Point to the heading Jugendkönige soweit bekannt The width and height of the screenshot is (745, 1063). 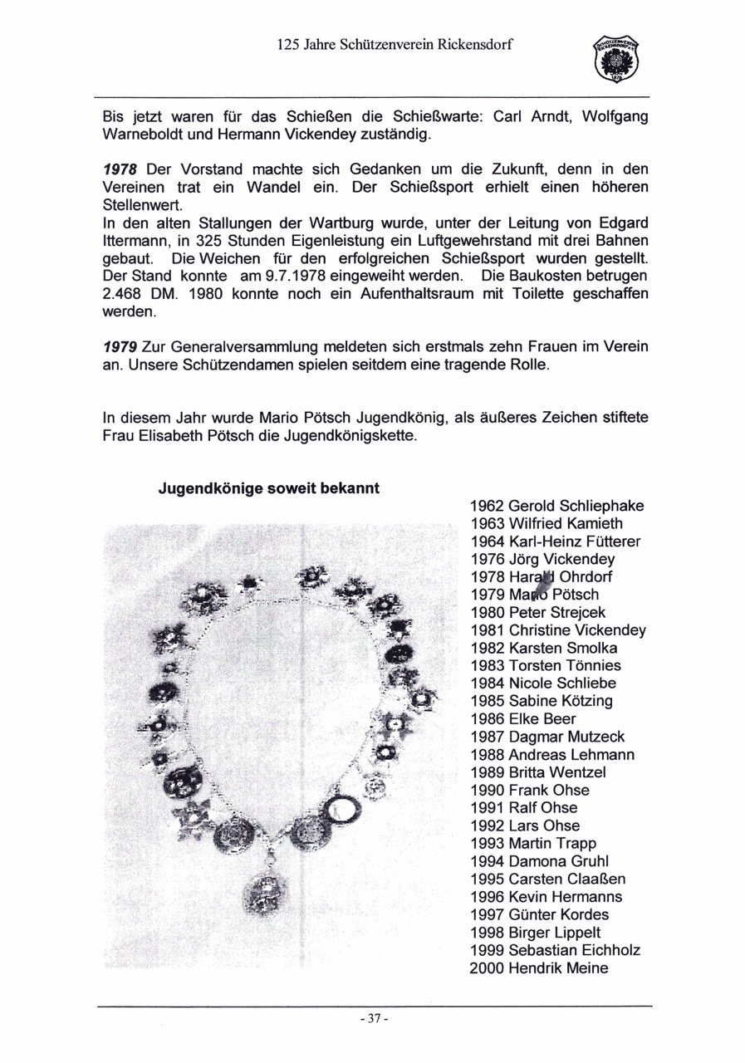(x=269, y=488)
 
